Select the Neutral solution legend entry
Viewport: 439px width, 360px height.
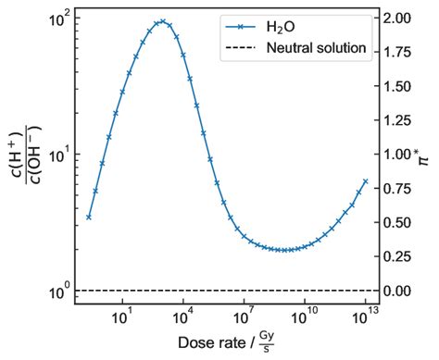[x=315, y=47]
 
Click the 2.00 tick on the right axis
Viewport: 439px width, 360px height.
[x=399, y=19]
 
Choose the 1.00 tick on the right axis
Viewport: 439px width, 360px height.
[x=399, y=155]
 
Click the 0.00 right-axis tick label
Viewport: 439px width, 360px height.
[x=399, y=291]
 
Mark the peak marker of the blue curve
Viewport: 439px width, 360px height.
[x=163, y=21]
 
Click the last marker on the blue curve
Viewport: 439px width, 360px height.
[x=366, y=181]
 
